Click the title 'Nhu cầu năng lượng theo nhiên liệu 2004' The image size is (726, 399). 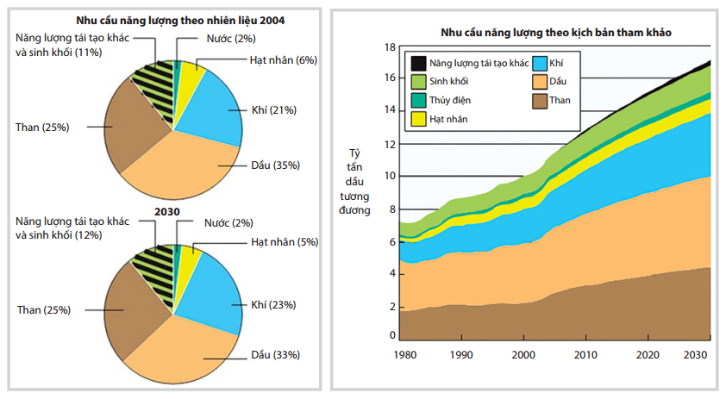(x=175, y=19)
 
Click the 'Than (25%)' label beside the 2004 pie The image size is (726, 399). (x=42, y=127)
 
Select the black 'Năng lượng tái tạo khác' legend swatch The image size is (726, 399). (x=417, y=63)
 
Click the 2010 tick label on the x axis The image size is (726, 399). (x=586, y=355)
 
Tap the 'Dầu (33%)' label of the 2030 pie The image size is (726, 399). (x=275, y=354)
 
